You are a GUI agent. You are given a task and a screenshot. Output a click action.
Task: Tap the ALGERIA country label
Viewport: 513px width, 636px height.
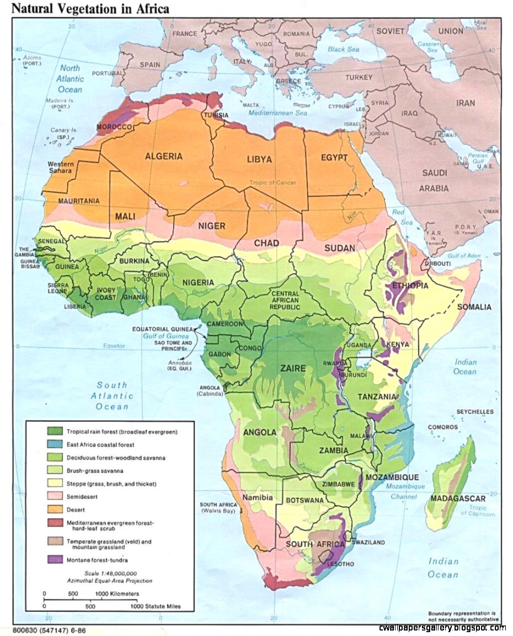(164, 156)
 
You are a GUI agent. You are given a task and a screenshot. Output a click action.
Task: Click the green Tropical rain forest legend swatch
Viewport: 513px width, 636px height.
(54, 432)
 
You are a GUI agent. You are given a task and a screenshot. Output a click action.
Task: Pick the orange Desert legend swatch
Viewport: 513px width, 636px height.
(54, 510)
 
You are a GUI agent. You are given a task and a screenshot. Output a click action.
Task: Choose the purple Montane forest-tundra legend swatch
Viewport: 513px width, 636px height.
(54, 560)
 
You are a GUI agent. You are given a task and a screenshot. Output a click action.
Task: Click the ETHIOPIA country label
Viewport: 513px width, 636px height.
(408, 285)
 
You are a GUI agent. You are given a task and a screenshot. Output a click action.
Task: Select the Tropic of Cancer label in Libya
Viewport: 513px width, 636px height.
(272, 182)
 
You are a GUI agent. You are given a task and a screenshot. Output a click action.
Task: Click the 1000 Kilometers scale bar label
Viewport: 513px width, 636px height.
(117, 593)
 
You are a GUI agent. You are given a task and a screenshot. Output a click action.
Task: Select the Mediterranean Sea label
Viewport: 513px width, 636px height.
(277, 113)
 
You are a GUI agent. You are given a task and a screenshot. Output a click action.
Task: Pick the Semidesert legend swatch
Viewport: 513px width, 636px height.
(54, 497)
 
